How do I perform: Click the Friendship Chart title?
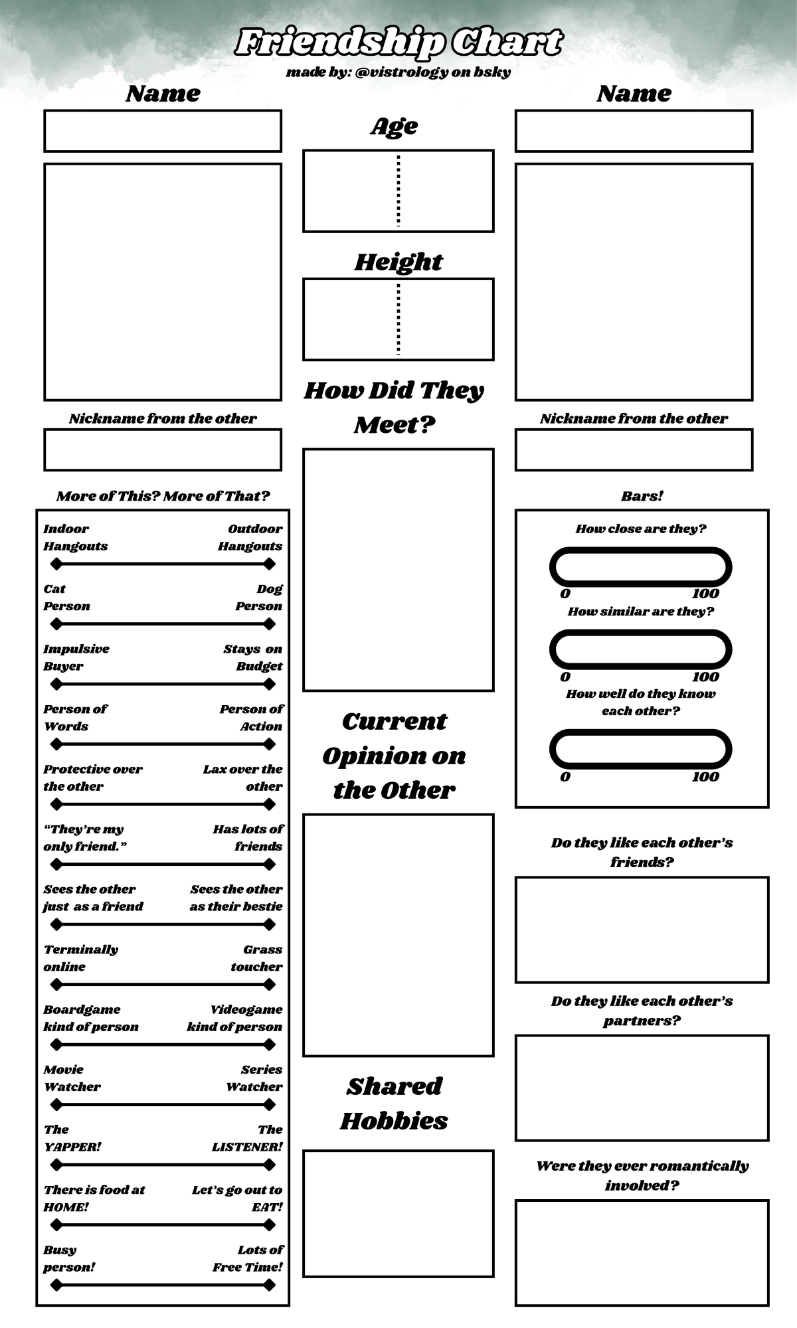pos(398,42)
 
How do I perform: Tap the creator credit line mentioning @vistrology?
pos(398,72)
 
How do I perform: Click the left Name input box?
pos(163,131)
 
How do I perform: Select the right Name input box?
pos(634,131)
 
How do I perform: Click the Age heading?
pos(395,126)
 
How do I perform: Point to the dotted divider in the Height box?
pos(398,319)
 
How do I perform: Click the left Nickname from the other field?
pos(163,450)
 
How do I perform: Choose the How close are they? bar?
pos(640,567)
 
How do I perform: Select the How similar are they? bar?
pos(640,649)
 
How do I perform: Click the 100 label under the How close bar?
pos(705,594)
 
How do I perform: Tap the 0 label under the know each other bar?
pos(565,777)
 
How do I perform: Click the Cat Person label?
pos(66,598)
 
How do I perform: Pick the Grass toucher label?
pos(257,958)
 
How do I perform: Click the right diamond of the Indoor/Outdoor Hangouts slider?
pos(269,564)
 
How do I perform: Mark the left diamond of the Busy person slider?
pos(56,1285)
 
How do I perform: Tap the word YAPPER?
pos(72,1147)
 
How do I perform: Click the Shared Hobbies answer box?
pos(398,1213)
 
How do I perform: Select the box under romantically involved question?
pos(642,1252)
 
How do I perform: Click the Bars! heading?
pos(642,496)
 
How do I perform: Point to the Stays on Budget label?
pos(253,657)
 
